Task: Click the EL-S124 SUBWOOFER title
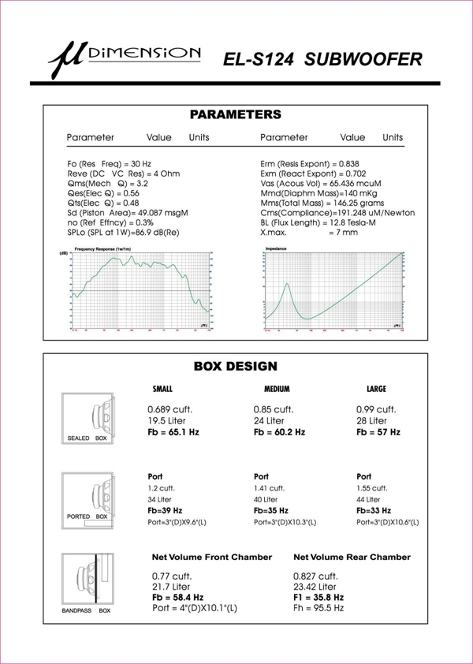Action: [322, 59]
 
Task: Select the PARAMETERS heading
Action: [235, 115]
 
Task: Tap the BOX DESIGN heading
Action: [235, 367]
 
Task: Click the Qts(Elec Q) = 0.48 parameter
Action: [103, 203]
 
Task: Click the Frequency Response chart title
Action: [102, 249]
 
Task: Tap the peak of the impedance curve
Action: [288, 285]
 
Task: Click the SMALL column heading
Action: [162, 390]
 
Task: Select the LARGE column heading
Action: [377, 390]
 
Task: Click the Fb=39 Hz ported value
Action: [165, 511]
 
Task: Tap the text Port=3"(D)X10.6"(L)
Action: [388, 522]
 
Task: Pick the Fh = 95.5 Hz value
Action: [318, 608]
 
